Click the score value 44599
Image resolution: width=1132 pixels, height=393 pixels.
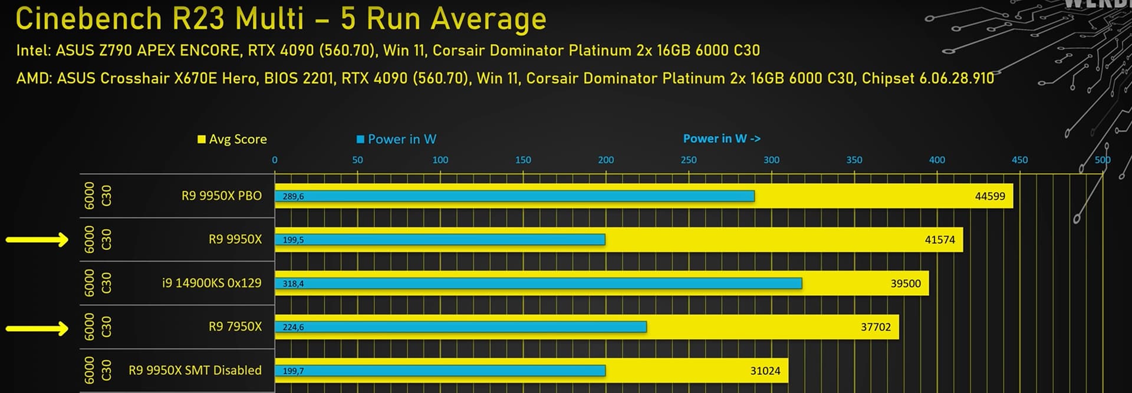(989, 196)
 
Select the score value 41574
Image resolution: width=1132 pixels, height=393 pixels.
(939, 240)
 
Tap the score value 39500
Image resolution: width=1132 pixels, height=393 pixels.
(905, 283)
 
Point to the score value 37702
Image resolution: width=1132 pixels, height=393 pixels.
(876, 327)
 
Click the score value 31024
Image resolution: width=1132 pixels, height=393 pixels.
(765, 371)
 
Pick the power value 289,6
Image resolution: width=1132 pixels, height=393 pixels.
(293, 196)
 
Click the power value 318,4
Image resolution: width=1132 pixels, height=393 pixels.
(293, 283)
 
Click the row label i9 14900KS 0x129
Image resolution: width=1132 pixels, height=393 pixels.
(212, 283)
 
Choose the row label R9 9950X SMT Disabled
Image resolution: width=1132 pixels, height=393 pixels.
(195, 370)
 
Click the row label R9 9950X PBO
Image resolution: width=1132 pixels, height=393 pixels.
(221, 196)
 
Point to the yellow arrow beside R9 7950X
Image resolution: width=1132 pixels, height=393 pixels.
(37, 328)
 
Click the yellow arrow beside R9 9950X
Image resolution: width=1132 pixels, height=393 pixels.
(37, 239)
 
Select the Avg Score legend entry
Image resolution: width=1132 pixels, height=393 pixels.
(232, 139)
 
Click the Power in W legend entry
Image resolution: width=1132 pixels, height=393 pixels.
(396, 139)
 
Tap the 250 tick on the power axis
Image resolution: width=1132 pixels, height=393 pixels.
(688, 160)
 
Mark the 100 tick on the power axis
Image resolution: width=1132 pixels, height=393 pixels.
(440, 160)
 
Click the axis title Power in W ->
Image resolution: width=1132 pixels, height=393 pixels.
(721, 138)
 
